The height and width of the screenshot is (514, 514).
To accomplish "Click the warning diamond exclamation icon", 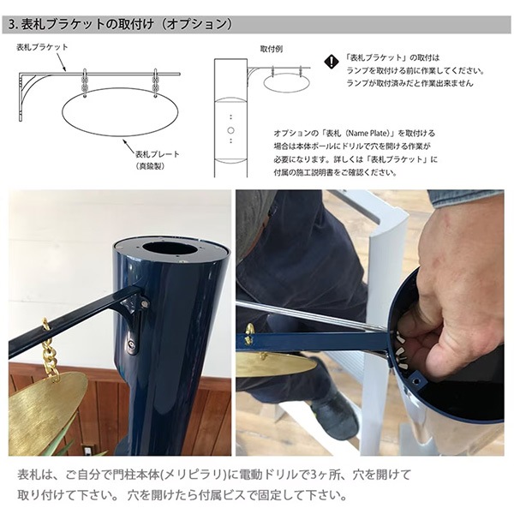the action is click(x=332, y=62).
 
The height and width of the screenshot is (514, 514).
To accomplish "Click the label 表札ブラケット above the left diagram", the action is click(x=42, y=47).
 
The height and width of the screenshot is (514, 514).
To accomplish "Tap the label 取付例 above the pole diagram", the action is click(x=271, y=49).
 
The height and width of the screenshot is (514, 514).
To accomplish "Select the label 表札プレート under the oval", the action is click(x=158, y=154).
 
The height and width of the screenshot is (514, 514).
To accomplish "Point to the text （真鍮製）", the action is click(x=150, y=166).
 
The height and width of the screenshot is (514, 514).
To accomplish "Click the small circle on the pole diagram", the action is click(x=230, y=130).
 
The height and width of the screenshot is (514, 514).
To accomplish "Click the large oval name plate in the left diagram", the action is click(x=120, y=111).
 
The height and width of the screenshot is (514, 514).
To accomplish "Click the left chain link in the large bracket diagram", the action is click(x=85, y=83).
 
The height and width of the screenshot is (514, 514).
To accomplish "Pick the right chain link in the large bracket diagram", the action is click(x=155, y=83).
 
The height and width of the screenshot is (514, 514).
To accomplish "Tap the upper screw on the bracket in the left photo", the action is click(x=144, y=304).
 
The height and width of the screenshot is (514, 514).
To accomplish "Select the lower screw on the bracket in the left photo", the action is click(x=132, y=344).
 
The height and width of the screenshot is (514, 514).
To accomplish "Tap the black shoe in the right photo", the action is click(x=334, y=415).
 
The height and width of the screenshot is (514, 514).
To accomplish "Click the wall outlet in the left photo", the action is click(x=88, y=451).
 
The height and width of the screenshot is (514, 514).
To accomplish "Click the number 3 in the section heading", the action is click(x=12, y=25).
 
